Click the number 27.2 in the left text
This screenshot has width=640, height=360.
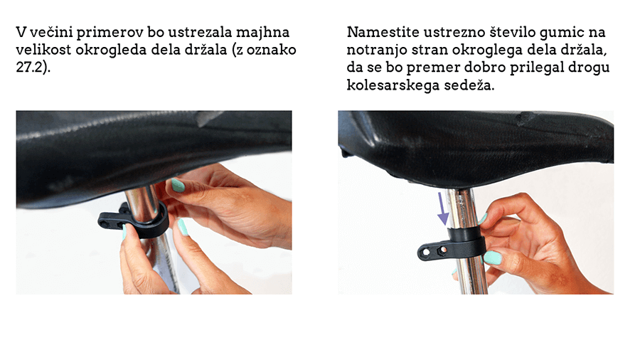pyautogui.click(x=30, y=67)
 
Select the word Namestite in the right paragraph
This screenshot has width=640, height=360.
pyautogui.click(x=383, y=32)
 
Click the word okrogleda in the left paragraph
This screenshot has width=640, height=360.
pyautogui.click(x=111, y=50)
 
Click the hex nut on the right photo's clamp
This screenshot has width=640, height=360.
pyautogui.click(x=441, y=250)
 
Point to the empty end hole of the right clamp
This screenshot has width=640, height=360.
pyautogui.click(x=426, y=253)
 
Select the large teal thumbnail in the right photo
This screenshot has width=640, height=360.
pyautogui.click(x=493, y=258)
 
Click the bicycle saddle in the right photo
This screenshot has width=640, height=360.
pyautogui.click(x=476, y=147)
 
